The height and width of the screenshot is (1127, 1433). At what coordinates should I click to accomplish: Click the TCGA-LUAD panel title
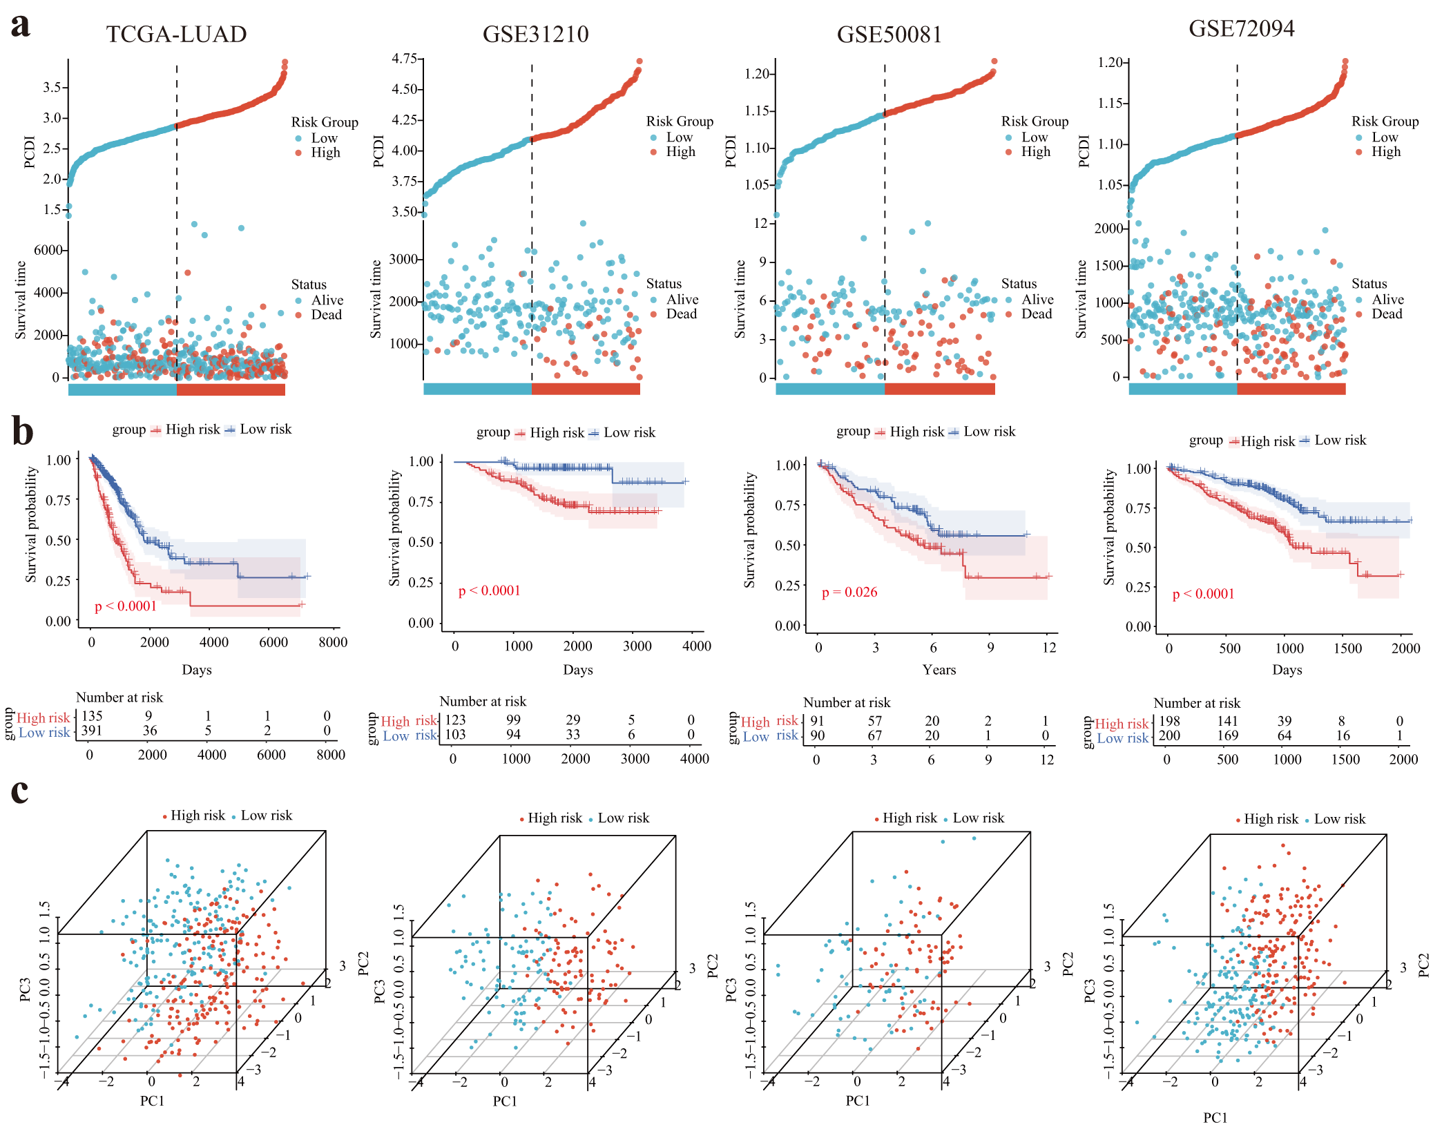[x=176, y=34]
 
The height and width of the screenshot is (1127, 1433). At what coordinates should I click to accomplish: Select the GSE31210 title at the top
[x=535, y=34]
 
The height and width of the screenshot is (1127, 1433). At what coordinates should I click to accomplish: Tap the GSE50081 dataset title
[x=889, y=35]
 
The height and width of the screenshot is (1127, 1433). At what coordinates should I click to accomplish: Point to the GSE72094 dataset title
[x=1241, y=28]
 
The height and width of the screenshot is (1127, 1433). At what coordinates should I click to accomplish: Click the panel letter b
[x=22, y=432]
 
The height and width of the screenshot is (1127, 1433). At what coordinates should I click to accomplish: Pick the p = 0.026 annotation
[x=849, y=593]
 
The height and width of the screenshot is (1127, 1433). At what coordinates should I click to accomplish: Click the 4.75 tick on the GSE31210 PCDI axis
[x=404, y=59]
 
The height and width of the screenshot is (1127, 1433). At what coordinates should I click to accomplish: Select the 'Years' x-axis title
[x=939, y=670]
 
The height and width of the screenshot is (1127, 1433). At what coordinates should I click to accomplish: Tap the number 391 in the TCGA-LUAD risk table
[x=92, y=731]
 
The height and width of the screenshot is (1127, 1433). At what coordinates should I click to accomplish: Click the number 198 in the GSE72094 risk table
[x=1169, y=722]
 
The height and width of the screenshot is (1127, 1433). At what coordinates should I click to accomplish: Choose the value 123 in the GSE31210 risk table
[x=455, y=720]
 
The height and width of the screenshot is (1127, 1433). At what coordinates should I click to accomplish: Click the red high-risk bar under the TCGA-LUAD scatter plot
[x=231, y=389]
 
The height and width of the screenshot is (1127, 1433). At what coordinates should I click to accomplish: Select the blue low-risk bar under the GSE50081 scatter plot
[x=830, y=389]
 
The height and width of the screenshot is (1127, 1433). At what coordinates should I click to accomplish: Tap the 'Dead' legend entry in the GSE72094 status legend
[x=1387, y=314]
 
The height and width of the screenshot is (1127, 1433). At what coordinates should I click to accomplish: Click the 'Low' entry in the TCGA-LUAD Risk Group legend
[x=324, y=138]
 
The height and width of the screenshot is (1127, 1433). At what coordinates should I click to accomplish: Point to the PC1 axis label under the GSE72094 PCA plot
[x=1215, y=1117]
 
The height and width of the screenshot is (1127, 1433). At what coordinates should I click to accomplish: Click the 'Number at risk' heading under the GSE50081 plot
[x=847, y=703]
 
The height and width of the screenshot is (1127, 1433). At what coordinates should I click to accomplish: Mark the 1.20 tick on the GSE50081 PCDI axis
[x=758, y=74]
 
